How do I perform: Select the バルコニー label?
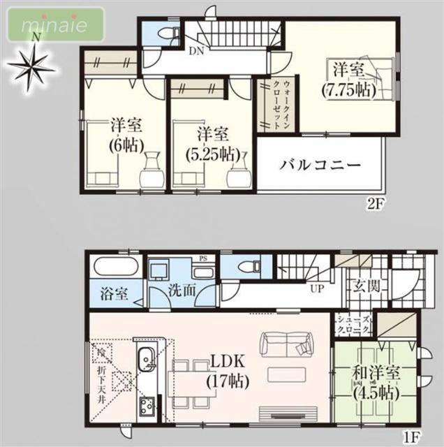tap(320, 166)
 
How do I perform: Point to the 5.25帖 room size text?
tap(213, 153)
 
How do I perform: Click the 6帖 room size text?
tap(126, 146)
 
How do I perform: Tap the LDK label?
tap(228, 362)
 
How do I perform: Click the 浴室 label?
tap(111, 293)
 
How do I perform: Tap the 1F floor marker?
tap(413, 438)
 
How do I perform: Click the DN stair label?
tap(197, 50)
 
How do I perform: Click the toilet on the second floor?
tap(163, 32)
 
